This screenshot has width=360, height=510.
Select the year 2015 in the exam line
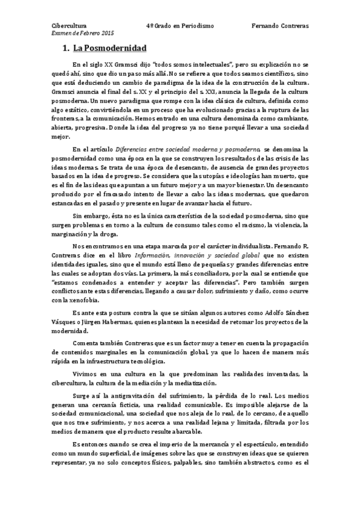point(106,34)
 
